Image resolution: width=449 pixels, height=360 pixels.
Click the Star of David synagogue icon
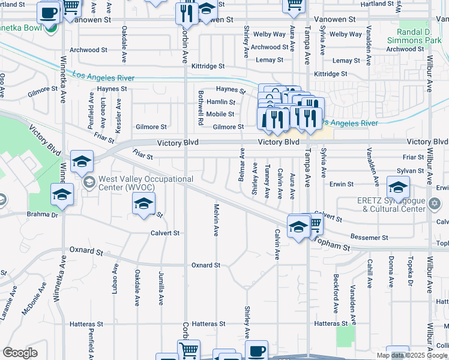coord(435,204)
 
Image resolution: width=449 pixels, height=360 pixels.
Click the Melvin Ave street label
coord(215,220)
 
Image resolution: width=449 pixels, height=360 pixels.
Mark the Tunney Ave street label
coord(267,178)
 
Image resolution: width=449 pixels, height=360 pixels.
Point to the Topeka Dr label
coord(411,273)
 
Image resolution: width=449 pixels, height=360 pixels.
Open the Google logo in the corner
coord(20,353)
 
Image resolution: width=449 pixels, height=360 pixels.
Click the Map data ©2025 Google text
coord(412,356)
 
